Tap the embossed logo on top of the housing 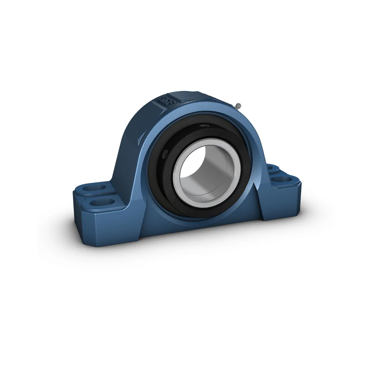(x=164, y=101)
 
